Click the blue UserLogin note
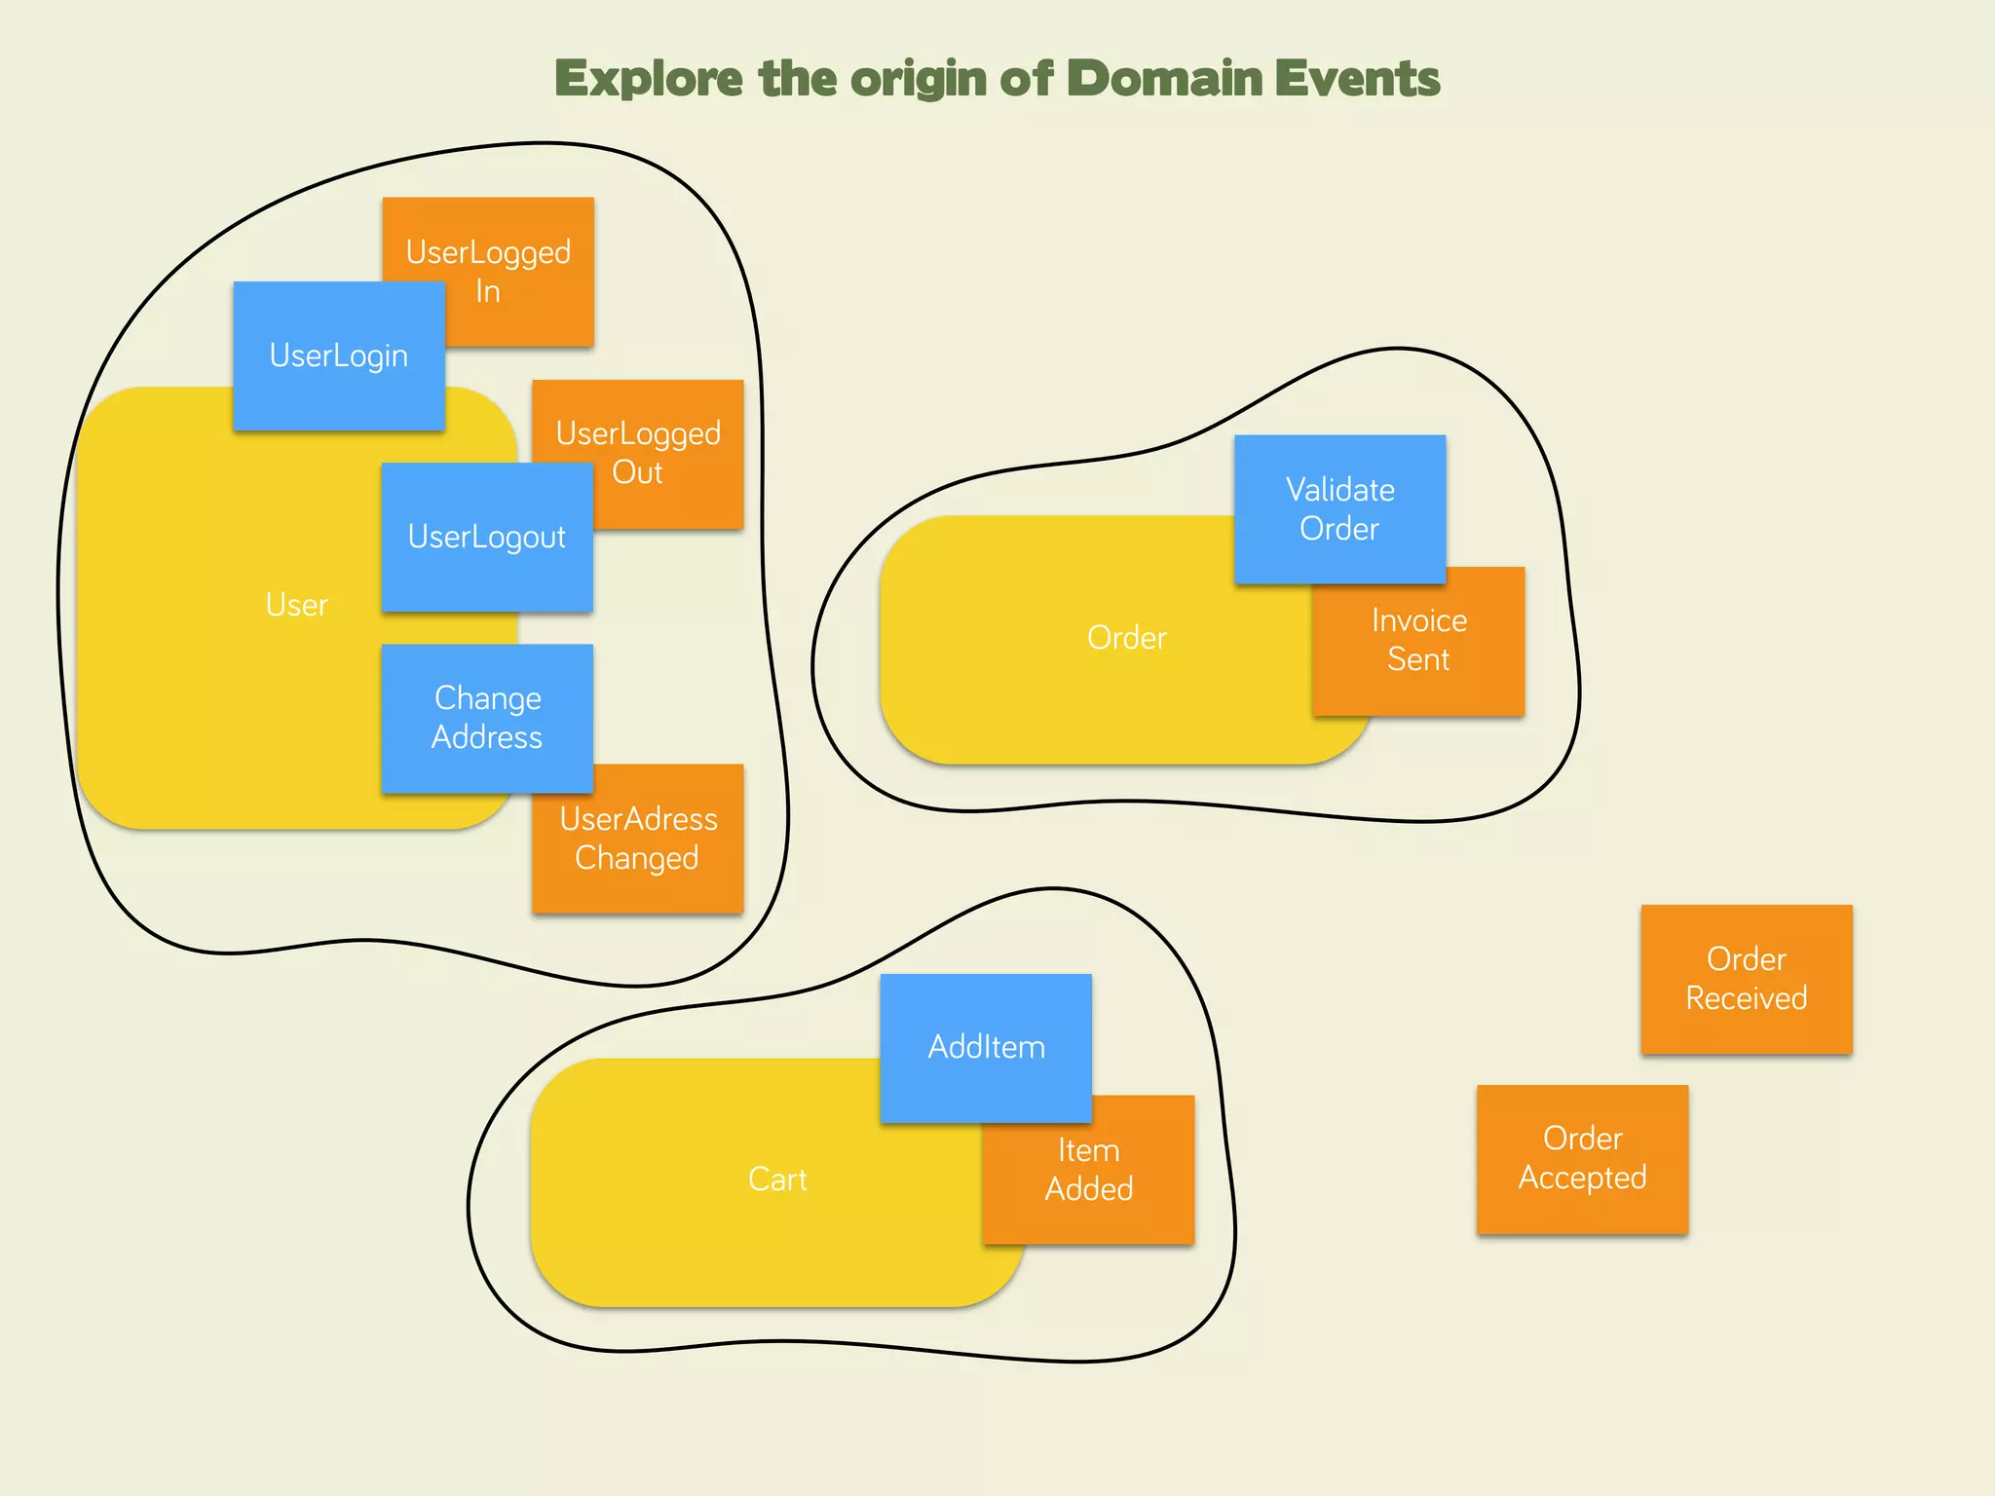(x=339, y=356)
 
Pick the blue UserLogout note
(x=487, y=538)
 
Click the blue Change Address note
(x=487, y=718)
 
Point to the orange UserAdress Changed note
(x=638, y=847)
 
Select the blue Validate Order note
(x=1339, y=508)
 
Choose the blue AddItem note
(x=986, y=1048)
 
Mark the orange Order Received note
(x=1747, y=979)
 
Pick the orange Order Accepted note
(x=1582, y=1159)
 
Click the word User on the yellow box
(x=296, y=605)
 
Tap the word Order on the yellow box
(x=1126, y=638)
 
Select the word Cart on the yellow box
(x=777, y=1179)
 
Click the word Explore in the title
(x=648, y=79)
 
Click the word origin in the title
(x=919, y=79)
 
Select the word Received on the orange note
(x=1747, y=998)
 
